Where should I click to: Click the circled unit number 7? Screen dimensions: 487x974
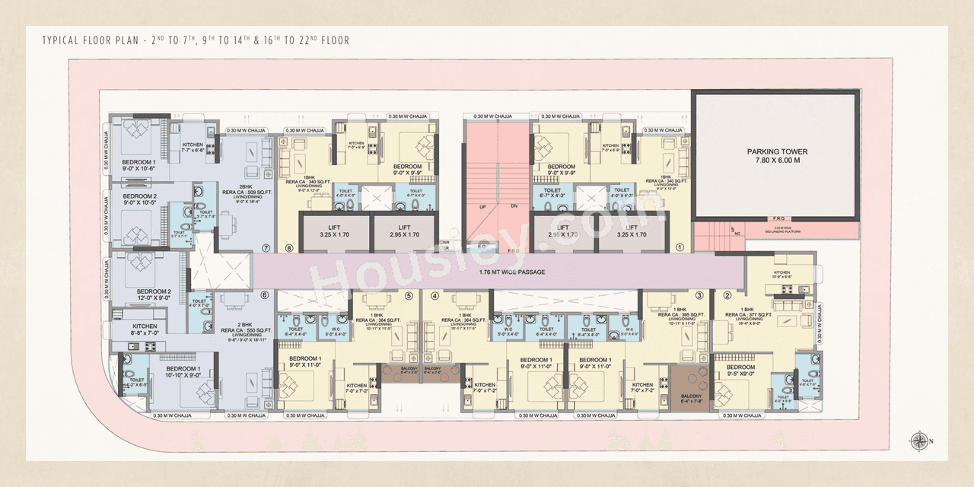coord(266,247)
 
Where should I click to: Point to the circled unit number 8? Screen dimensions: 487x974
coord(288,247)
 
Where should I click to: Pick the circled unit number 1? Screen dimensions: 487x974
coord(680,247)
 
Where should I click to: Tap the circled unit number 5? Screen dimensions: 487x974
coord(408,296)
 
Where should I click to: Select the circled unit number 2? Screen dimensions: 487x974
coord(727,296)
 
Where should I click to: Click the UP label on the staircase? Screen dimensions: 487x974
coord(482,206)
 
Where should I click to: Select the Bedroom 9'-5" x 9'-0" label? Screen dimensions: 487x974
coord(740,371)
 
